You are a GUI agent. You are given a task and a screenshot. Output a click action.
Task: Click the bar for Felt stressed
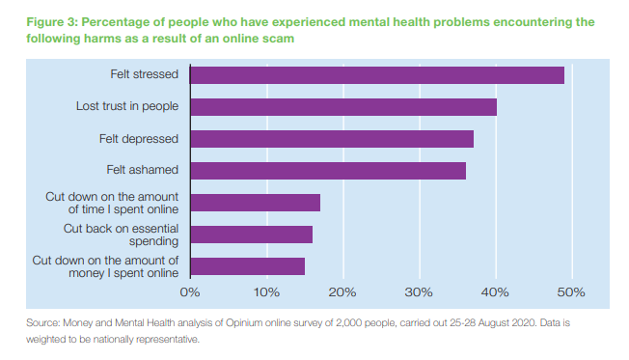(376, 75)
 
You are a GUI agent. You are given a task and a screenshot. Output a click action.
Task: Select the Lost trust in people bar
(342, 107)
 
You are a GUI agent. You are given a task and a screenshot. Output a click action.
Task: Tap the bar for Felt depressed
(331, 139)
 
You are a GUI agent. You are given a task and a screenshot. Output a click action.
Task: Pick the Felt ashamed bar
(328, 171)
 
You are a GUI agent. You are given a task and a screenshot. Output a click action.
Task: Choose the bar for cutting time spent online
(255, 203)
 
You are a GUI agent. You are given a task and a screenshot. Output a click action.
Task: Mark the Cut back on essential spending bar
(251, 235)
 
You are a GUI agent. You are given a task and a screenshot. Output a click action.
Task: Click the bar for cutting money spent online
(247, 266)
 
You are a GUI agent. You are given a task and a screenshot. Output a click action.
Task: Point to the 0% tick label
(190, 291)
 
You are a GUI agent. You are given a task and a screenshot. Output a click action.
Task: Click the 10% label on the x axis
(266, 291)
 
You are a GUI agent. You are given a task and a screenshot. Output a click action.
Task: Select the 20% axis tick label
(342, 291)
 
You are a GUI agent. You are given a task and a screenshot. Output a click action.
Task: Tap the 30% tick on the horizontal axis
(419, 291)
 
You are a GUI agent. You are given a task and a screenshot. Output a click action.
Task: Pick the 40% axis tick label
(495, 291)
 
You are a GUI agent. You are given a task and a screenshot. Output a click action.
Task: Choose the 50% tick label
(571, 291)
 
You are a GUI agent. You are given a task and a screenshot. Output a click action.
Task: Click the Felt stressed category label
(145, 74)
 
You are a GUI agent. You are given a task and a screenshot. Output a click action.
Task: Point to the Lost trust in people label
(127, 106)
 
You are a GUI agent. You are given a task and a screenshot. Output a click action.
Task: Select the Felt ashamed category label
(143, 170)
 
